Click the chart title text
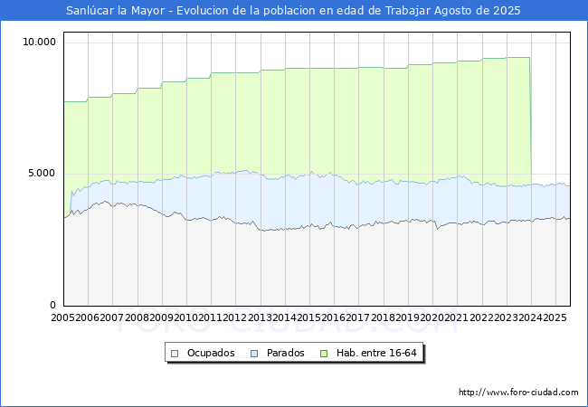(x=294, y=11)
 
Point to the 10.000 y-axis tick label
(x=40, y=42)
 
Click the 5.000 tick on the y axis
(x=43, y=174)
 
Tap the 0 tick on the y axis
(x=52, y=306)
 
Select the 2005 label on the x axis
(x=63, y=318)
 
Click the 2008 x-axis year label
(x=138, y=318)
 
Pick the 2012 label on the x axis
(x=235, y=318)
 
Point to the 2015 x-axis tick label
(x=309, y=318)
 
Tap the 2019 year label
(x=407, y=318)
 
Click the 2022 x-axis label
(x=481, y=318)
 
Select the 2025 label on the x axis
(x=554, y=318)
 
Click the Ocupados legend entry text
(x=211, y=353)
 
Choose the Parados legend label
(x=287, y=353)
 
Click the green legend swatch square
(x=329, y=353)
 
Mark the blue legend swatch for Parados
(x=255, y=353)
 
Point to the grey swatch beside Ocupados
(x=175, y=353)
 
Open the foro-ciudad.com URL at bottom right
(x=518, y=393)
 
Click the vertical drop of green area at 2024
(x=530, y=118)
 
